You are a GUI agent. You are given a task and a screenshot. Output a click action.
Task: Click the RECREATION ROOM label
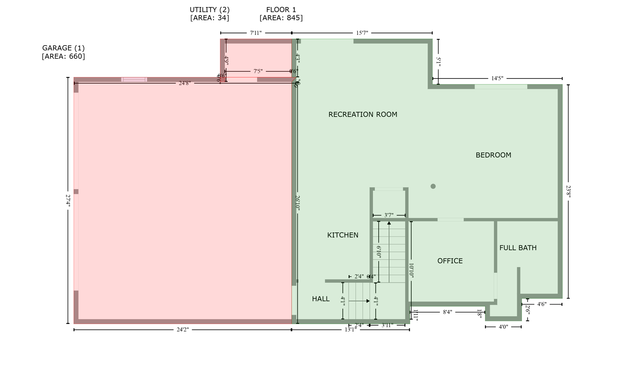point(363,114)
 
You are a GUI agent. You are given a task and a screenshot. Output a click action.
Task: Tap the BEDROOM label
point(493,155)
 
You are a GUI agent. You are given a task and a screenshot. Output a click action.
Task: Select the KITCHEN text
point(342,235)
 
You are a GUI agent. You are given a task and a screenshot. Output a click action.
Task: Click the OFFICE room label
point(450,261)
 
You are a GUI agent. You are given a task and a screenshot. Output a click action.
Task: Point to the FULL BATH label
point(518,248)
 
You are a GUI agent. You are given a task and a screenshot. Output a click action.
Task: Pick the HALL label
point(321,299)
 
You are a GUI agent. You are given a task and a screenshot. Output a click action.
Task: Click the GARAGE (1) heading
point(63,48)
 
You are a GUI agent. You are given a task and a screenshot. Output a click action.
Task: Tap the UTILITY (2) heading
point(210,10)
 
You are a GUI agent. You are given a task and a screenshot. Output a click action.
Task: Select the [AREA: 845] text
point(281,18)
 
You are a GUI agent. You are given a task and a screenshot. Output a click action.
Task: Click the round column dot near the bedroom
point(433,186)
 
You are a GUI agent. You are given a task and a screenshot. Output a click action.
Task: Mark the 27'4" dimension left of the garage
point(68,201)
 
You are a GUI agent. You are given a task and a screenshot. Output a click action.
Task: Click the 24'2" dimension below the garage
point(183,330)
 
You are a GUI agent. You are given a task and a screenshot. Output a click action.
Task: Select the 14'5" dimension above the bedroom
point(497,78)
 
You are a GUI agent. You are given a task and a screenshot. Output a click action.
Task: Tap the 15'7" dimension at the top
point(362,33)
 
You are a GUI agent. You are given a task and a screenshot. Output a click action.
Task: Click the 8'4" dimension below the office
point(447,312)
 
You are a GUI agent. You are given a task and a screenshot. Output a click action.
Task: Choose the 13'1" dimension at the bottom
point(350,330)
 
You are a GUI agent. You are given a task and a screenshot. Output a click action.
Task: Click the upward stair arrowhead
point(389,223)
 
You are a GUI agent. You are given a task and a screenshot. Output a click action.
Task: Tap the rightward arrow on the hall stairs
point(368,301)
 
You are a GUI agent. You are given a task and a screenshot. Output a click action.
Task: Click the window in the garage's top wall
point(134,80)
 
